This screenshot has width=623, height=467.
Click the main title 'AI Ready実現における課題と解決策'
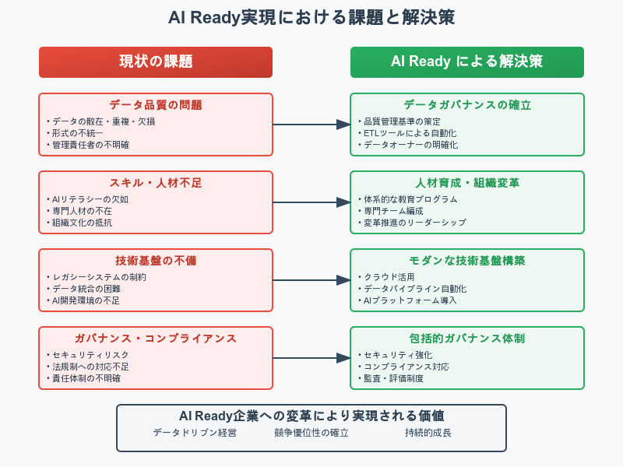pyautogui.click(x=311, y=17)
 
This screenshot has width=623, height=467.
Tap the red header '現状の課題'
pyautogui.click(x=156, y=61)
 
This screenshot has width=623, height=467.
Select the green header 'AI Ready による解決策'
pyautogui.click(x=466, y=61)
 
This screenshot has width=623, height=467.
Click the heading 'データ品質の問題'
pyautogui.click(x=156, y=105)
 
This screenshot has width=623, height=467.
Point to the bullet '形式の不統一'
pyautogui.click(x=77, y=133)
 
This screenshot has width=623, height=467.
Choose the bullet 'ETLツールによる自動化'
pyautogui.click(x=407, y=133)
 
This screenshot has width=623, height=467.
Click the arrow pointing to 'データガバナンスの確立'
pyautogui.click(x=311, y=125)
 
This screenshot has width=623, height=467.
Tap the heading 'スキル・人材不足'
pyautogui.click(x=156, y=183)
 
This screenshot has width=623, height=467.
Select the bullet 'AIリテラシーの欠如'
pyautogui.click(x=87, y=199)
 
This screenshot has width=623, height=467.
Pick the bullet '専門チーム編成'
pyautogui.click(x=391, y=211)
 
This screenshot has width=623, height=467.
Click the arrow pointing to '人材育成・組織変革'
pyautogui.click(x=311, y=202)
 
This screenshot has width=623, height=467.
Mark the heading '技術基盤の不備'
pyautogui.click(x=156, y=261)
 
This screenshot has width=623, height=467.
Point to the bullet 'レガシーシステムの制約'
pyautogui.click(x=97, y=277)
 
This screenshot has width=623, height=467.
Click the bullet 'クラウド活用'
pyautogui.click(x=386, y=277)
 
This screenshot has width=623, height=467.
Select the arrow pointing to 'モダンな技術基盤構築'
pyautogui.click(x=311, y=280)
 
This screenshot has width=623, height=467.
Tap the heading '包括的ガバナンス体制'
pyautogui.click(x=466, y=339)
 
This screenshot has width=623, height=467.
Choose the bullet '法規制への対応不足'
pyautogui.click(x=88, y=367)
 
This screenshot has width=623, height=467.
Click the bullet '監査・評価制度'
pyautogui.click(x=391, y=378)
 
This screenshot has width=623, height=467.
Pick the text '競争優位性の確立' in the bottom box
pyautogui.click(x=311, y=433)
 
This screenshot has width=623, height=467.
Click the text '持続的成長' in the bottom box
pyautogui.click(x=428, y=433)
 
